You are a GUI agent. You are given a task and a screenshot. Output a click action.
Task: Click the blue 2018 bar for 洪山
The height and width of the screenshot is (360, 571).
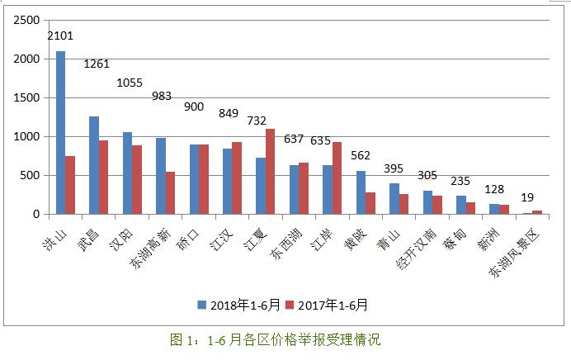pos(60,132)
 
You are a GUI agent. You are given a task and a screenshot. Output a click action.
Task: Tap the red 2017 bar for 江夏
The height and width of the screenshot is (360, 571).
pos(270,172)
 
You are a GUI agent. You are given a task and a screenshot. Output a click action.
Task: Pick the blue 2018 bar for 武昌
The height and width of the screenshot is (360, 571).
pos(94,165)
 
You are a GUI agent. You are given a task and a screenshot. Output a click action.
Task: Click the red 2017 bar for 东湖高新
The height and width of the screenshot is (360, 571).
pos(170,192)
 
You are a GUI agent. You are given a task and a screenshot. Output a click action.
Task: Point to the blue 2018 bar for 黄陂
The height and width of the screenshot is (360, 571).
pos(360,192)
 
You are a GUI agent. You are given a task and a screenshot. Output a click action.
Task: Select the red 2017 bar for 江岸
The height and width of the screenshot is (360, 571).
pos(337,178)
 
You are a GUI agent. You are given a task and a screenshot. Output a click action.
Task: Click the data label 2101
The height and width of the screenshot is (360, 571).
pos(60,36)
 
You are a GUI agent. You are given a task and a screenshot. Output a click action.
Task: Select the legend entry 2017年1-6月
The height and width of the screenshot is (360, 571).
pos(330,305)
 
